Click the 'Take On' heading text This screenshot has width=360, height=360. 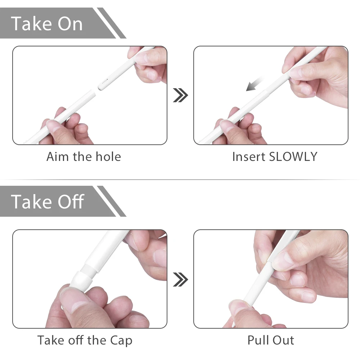[x=47, y=23]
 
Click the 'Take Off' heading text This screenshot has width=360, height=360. [x=48, y=201]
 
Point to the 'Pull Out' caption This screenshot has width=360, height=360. [x=271, y=341]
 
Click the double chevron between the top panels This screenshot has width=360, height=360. [x=180, y=95]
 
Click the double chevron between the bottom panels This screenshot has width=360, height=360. [x=180, y=279]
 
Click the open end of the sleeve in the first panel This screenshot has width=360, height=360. [x=92, y=94]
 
